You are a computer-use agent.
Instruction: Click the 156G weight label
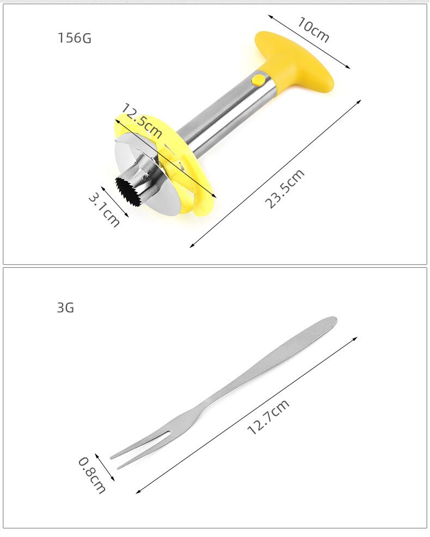point(75,38)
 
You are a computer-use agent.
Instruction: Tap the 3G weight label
point(65,307)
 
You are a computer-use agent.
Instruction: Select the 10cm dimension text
point(313,29)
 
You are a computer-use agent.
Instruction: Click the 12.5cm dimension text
point(142,121)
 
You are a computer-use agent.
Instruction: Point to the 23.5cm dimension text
point(285,189)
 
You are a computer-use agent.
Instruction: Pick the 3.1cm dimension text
point(104,210)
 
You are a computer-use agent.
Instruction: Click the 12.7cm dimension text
point(268,417)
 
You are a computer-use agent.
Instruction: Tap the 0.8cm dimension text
point(91,475)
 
